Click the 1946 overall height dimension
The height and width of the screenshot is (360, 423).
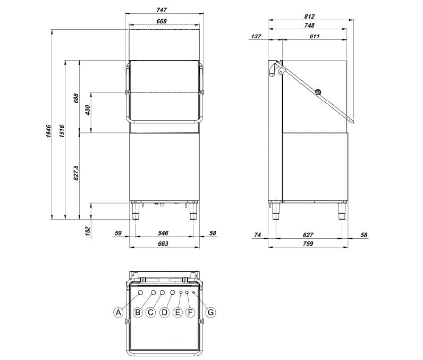tap(48, 131)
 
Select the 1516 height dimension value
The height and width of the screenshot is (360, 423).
tap(62, 131)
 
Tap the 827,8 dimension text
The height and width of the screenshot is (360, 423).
tap(77, 173)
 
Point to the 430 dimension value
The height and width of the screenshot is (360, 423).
tap(88, 111)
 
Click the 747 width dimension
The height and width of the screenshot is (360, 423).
tap(162, 10)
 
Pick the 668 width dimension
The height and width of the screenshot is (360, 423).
tap(162, 21)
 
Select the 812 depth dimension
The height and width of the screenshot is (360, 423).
tap(309, 16)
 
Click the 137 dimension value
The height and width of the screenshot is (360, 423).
tap(256, 36)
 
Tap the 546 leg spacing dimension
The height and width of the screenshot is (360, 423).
tap(163, 233)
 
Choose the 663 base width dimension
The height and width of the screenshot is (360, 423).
tap(163, 244)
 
